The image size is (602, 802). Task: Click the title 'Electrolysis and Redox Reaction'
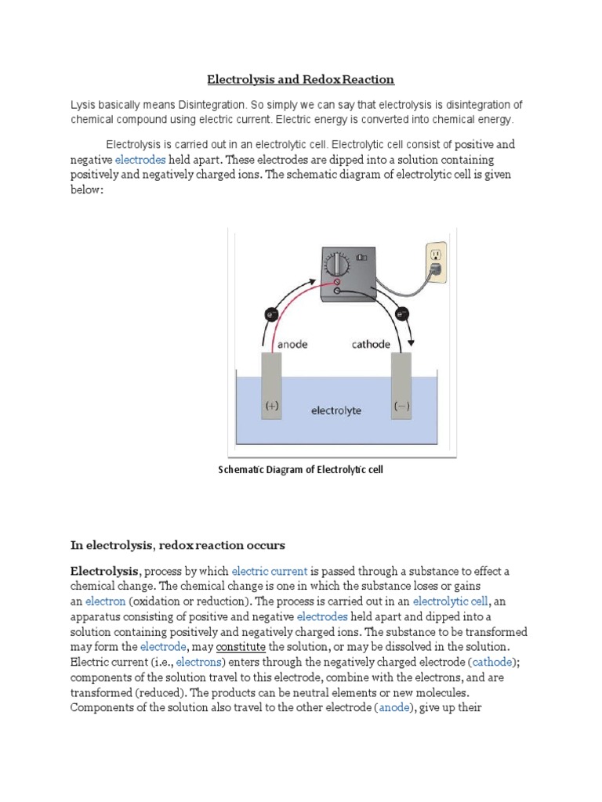[300, 79]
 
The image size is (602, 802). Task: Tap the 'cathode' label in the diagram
[370, 343]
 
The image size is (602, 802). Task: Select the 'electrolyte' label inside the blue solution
[336, 410]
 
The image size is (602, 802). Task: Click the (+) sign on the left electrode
[271, 406]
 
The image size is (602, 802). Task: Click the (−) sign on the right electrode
[401, 406]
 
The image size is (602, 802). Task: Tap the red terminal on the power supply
[337, 282]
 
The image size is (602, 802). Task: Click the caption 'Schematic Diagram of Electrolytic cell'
[299, 470]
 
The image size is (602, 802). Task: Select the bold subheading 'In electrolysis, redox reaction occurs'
[179, 544]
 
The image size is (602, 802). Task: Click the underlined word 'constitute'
[240, 646]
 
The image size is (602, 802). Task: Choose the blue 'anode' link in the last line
[394, 707]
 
